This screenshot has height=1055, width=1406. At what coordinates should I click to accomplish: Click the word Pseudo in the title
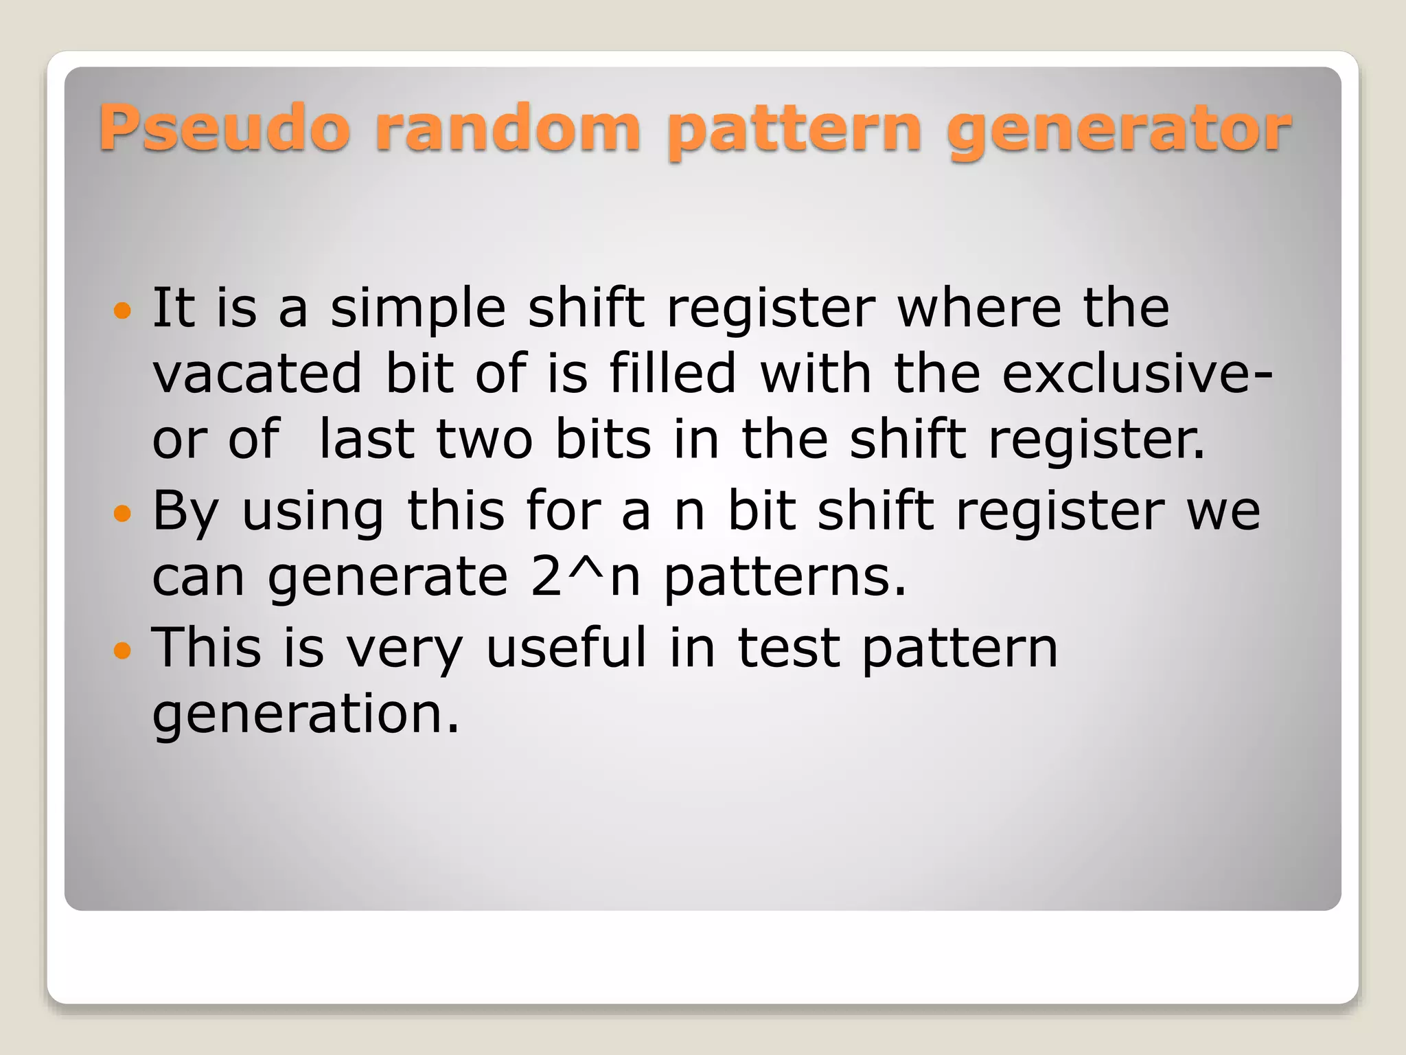tap(224, 128)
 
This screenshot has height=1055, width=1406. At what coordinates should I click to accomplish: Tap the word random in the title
tap(509, 128)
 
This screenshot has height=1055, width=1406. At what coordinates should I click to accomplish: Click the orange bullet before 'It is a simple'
tap(122, 311)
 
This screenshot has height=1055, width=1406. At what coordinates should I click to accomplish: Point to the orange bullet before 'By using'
tap(122, 513)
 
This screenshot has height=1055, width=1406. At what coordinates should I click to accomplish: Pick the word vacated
tap(257, 374)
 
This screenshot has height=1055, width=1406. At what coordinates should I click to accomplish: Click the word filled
tap(673, 374)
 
